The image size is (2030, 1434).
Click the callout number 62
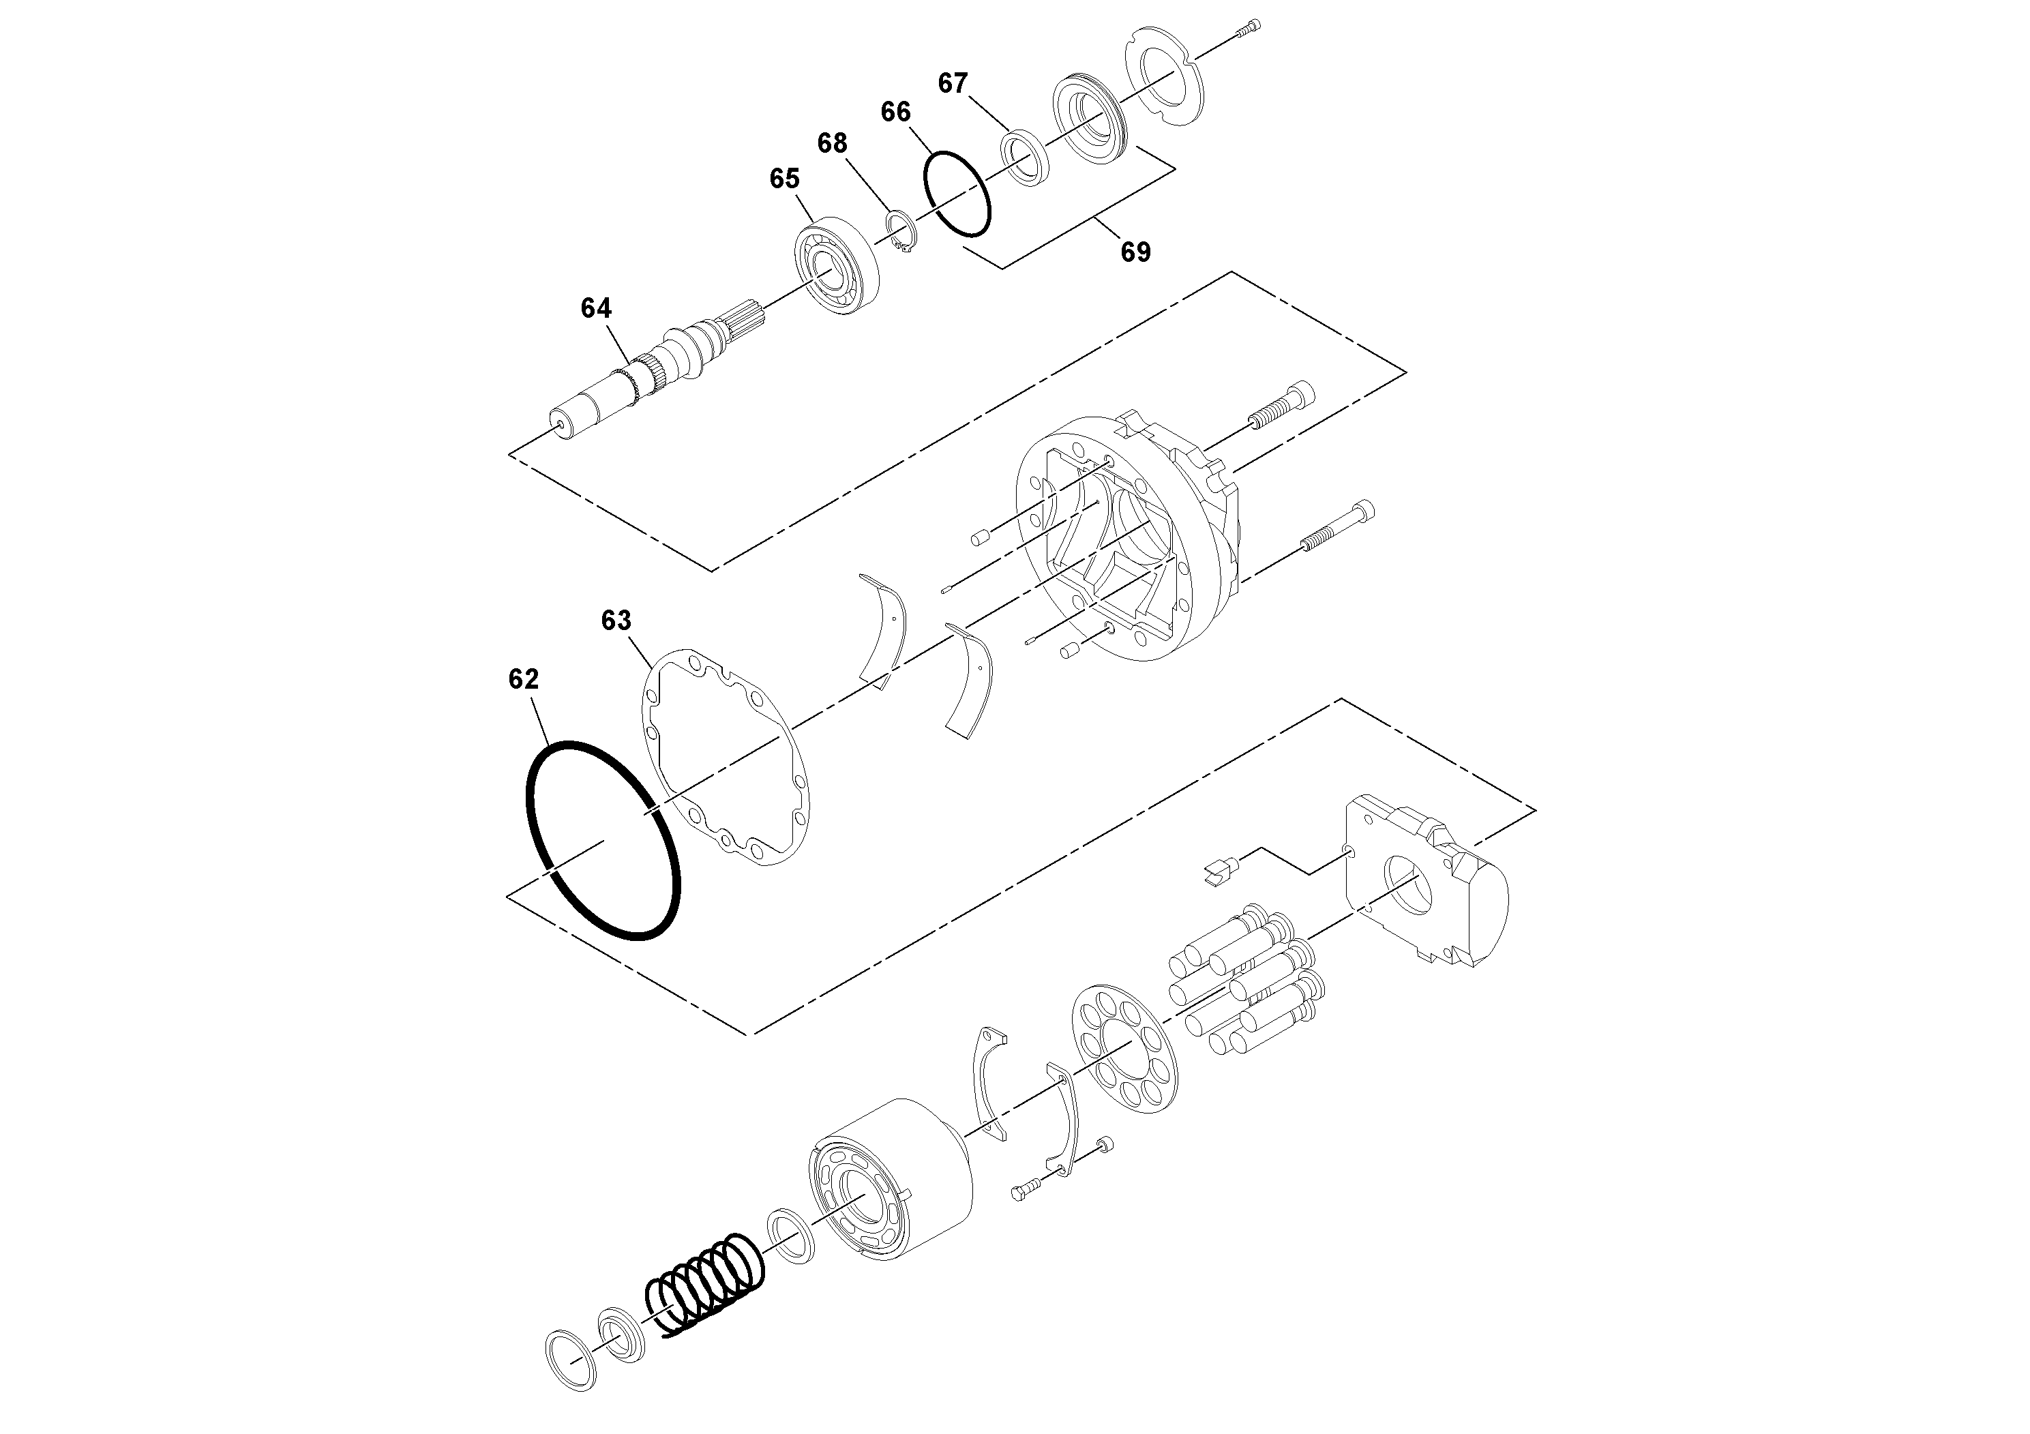(524, 679)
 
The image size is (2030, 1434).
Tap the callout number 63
(616, 621)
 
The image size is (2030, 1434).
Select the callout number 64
(596, 308)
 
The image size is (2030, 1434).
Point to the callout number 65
(784, 179)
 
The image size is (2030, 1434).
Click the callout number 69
(1135, 252)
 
